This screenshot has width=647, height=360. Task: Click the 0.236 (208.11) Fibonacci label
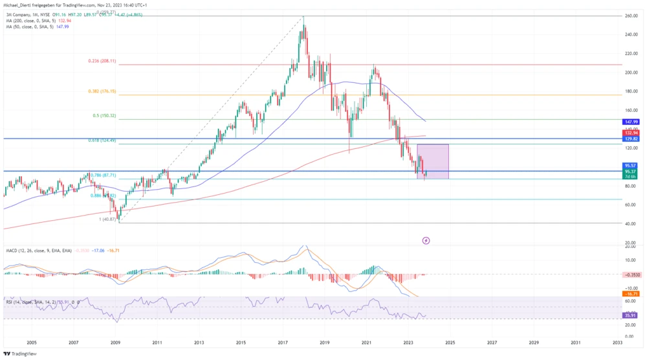pos(102,61)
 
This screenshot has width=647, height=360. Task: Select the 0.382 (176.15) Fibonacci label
pos(102,91)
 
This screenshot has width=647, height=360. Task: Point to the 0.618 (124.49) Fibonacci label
pos(102,141)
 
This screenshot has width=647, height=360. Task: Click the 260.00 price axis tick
pos(632,16)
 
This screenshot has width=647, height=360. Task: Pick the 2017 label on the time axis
pos(282,342)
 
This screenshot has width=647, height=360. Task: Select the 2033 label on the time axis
pos(617,342)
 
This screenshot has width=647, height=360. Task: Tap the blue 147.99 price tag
pos(631,121)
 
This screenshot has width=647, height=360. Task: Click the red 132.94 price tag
pos(631,133)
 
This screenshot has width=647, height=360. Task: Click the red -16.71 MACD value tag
pos(631,293)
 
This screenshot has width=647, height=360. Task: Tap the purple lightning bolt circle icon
pos(426,241)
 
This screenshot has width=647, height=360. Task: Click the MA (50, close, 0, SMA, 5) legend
pos(32,27)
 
